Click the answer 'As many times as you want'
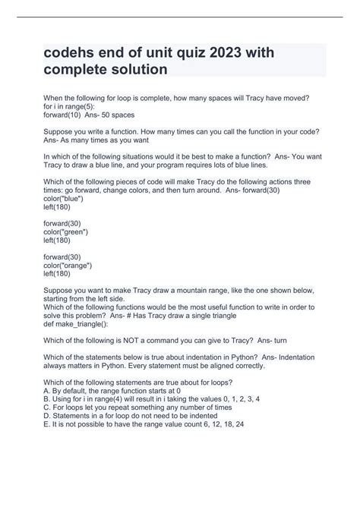tap(104, 140)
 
